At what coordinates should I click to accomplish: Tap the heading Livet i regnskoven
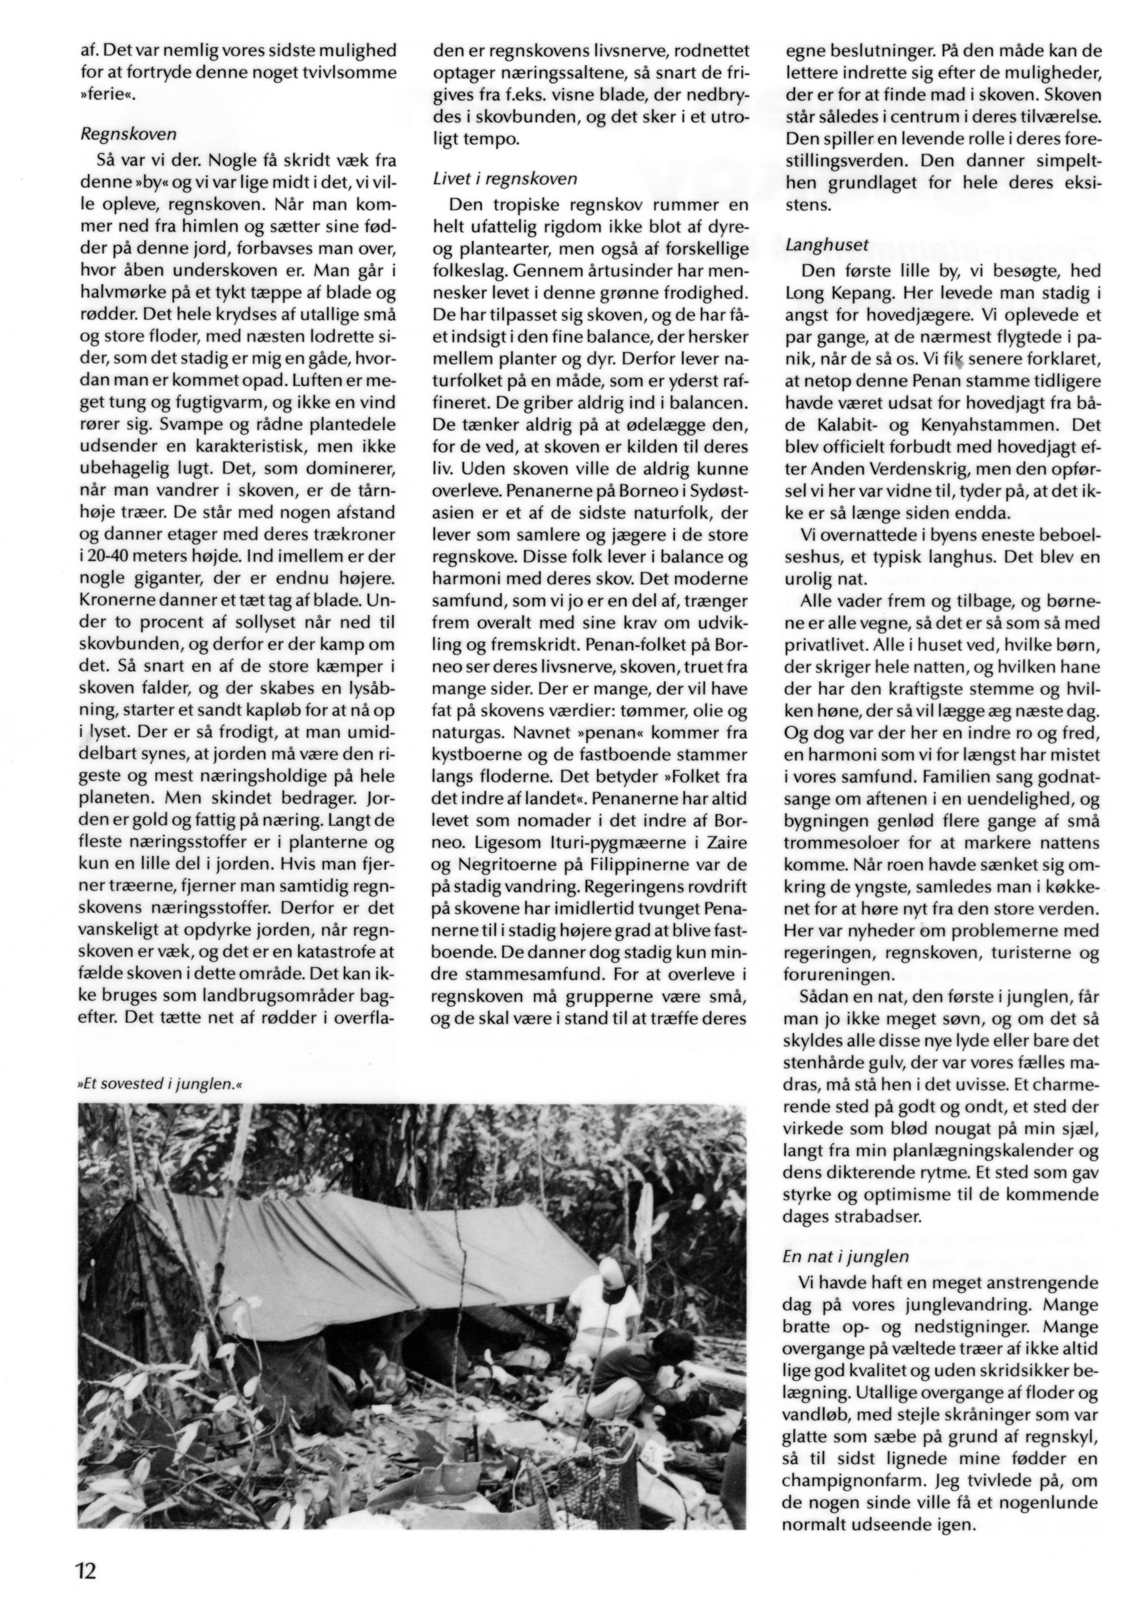point(505,179)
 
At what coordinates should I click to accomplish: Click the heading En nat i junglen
point(845,1256)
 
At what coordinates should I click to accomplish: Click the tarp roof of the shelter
point(362,1252)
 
